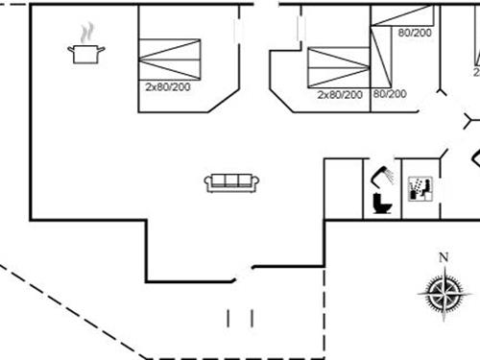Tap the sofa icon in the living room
[x=231, y=181]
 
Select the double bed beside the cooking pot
[x=170, y=59]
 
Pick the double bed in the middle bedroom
[x=338, y=66]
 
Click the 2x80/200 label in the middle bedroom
[x=340, y=94]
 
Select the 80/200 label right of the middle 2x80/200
[x=389, y=94]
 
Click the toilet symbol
[x=380, y=204]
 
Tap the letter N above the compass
[x=443, y=256]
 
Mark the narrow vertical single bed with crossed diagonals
[x=383, y=57]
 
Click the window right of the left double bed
[x=238, y=30]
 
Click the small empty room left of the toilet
[x=342, y=189]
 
